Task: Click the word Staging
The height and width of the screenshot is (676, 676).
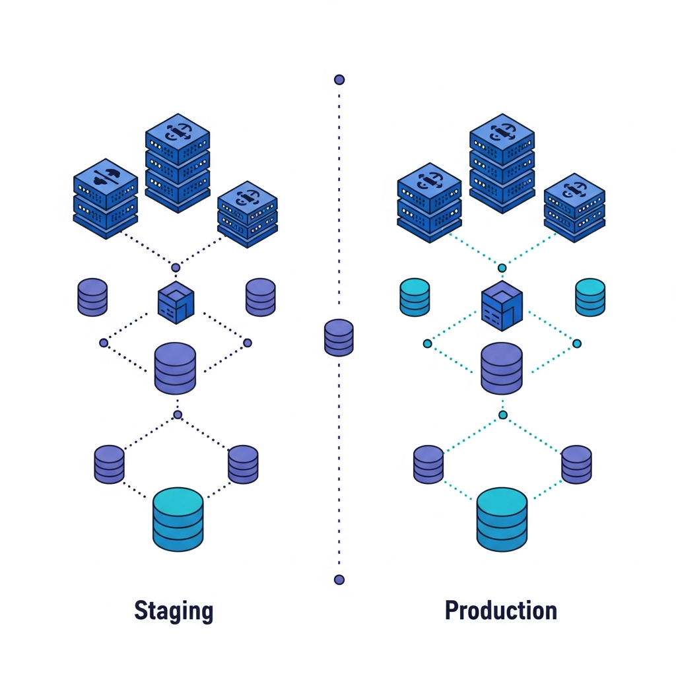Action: click(174, 611)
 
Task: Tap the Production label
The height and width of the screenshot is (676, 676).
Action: click(500, 611)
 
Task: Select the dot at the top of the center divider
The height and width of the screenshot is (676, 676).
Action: click(339, 80)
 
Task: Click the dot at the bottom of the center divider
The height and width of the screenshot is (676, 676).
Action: click(339, 580)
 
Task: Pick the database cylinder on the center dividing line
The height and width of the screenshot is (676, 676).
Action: click(339, 337)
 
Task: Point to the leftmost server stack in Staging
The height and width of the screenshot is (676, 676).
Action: click(106, 198)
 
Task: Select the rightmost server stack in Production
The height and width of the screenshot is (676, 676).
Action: click(574, 207)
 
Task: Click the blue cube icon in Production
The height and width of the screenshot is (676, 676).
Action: click(502, 305)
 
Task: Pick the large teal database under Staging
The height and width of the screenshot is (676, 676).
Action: click(178, 519)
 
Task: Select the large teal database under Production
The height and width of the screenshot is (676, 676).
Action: click(502, 519)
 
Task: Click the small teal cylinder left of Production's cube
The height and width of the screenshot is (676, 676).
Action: click(415, 297)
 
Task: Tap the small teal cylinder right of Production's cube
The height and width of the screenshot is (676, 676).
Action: click(590, 297)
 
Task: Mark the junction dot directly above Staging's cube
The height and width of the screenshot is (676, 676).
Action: click(176, 267)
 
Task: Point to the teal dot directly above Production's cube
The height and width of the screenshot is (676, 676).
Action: click(502, 268)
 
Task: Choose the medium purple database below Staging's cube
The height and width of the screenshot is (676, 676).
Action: click(175, 368)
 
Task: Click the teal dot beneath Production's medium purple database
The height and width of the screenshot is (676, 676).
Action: click(503, 415)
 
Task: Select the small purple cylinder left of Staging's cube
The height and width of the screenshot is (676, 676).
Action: click(92, 297)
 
